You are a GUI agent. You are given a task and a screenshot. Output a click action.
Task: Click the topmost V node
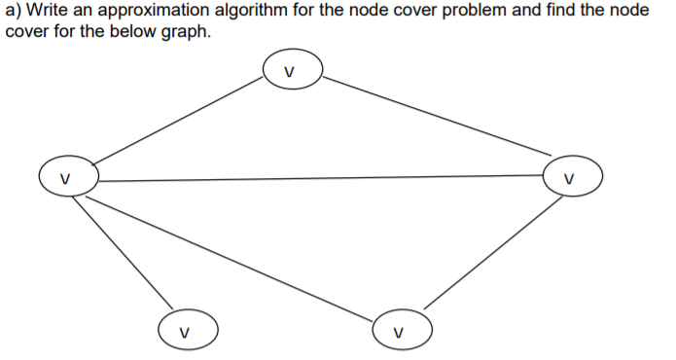[x=288, y=72]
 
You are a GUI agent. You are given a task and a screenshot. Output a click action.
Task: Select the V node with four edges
[x=67, y=178]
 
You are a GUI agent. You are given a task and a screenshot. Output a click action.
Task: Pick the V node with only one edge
[x=185, y=328]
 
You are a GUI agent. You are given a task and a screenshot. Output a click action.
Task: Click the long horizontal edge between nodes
[x=321, y=178]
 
